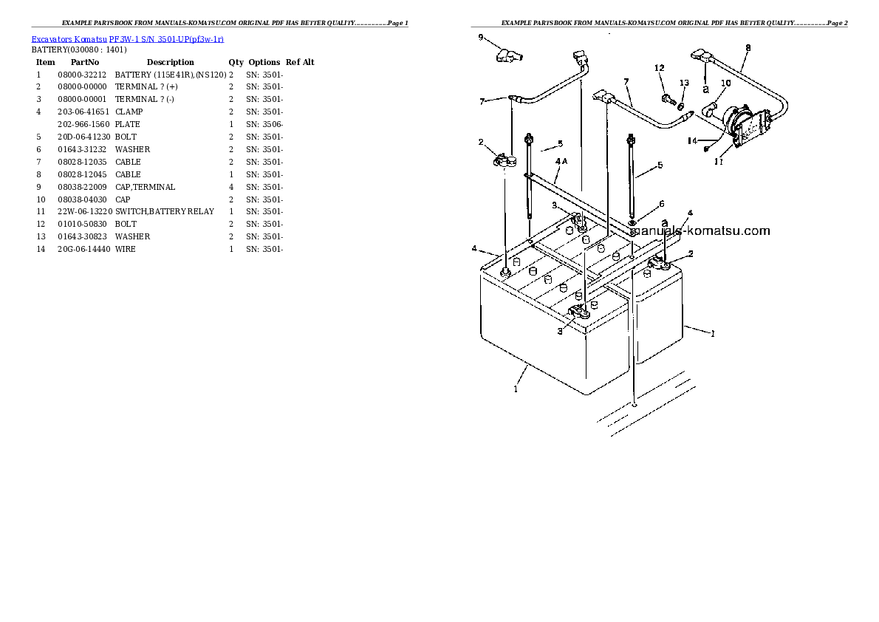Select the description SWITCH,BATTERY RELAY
[164, 211]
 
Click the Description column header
[170, 62]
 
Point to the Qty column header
[236, 62]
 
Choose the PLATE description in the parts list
[127, 124]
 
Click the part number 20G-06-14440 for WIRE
[83, 249]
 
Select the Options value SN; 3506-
[264, 124]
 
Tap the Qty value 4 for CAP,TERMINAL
[231, 187]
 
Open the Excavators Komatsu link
[69, 38]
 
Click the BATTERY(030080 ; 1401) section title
[79, 49]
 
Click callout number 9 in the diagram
[481, 37]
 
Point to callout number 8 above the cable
[748, 48]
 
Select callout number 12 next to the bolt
[660, 68]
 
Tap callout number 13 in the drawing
[684, 83]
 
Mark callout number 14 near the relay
[692, 140]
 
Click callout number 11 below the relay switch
[718, 161]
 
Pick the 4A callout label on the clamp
[561, 161]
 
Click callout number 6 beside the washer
[661, 204]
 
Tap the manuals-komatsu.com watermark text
[700, 230]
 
